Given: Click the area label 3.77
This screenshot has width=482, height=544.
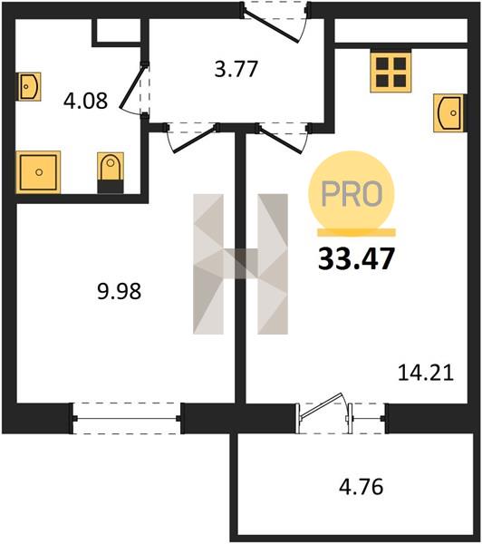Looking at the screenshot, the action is (236, 69).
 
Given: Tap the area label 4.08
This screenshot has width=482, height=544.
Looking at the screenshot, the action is (86, 102).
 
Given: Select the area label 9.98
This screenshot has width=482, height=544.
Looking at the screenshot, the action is (120, 291).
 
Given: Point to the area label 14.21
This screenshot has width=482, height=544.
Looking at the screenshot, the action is (426, 373).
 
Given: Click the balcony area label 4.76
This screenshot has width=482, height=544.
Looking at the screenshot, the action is (361, 486).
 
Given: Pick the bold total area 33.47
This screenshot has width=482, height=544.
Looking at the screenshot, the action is (356, 258).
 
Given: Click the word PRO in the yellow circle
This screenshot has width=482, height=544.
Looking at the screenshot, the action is (352, 194).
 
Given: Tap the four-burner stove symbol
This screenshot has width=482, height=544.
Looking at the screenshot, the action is (390, 73).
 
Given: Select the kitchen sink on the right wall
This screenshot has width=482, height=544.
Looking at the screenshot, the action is (448, 113).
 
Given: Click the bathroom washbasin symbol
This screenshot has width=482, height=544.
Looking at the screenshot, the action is (29, 86).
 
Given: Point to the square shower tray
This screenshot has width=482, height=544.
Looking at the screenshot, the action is (38, 172).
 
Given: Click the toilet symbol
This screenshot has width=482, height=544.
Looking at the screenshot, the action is (111, 172).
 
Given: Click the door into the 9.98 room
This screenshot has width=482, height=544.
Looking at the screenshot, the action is (195, 139).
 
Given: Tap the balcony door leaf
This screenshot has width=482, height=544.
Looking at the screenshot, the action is (322, 405).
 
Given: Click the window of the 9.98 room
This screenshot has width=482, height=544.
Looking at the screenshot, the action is (126, 418).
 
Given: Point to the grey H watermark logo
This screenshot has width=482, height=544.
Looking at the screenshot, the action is (240, 264).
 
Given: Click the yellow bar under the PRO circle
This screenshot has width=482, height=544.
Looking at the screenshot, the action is (357, 232).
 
